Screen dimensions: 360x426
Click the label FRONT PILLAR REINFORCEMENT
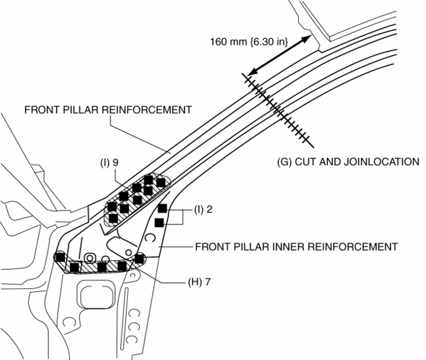[108, 109]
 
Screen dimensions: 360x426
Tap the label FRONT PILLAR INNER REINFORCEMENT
[298, 246]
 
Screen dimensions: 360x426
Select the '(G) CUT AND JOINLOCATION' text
[348, 161]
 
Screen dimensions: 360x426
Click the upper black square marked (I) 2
[162, 209]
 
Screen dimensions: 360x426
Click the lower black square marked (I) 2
[159, 222]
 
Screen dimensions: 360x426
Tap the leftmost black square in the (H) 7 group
[60, 257]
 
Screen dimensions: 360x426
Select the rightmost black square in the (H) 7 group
[139, 258]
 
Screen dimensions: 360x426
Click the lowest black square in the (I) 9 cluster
[113, 218]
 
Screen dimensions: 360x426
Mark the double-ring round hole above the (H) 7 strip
[90, 257]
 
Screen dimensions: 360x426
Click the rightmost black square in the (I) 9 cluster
[161, 183]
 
